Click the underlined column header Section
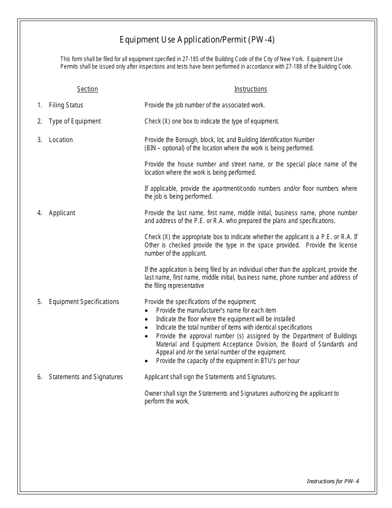[x=87, y=89]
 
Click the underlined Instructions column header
[x=250, y=89]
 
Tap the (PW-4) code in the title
[x=261, y=40]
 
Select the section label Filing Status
[x=66, y=105]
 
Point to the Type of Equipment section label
[x=75, y=121]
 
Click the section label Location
[x=61, y=140]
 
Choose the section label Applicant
[x=62, y=213]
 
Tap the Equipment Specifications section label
[x=84, y=302]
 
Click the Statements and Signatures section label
[x=86, y=377]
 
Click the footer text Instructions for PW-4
[x=333, y=481]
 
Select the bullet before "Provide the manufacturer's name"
[x=147, y=311]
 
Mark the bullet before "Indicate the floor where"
[x=147, y=319]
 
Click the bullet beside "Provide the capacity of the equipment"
[x=147, y=361]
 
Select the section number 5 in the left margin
[x=40, y=302]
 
